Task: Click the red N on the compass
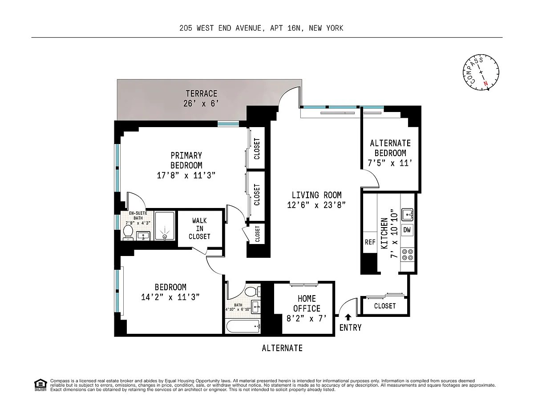(485, 84)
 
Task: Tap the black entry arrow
(348, 317)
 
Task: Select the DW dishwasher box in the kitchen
(407, 230)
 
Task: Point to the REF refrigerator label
(370, 242)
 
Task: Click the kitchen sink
(407, 215)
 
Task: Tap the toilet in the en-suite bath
(128, 232)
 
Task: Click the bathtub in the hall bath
(243, 326)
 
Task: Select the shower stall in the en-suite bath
(165, 226)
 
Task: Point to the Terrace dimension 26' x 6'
(201, 104)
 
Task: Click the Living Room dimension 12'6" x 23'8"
(316, 205)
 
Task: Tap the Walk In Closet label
(199, 228)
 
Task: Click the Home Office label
(307, 304)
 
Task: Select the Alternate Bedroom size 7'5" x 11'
(390, 163)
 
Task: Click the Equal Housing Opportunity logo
(40, 385)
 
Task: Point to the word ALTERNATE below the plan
(282, 348)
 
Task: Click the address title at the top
(261, 28)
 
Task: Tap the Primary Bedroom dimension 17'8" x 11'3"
(186, 176)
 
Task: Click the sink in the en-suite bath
(143, 236)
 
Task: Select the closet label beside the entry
(385, 306)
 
